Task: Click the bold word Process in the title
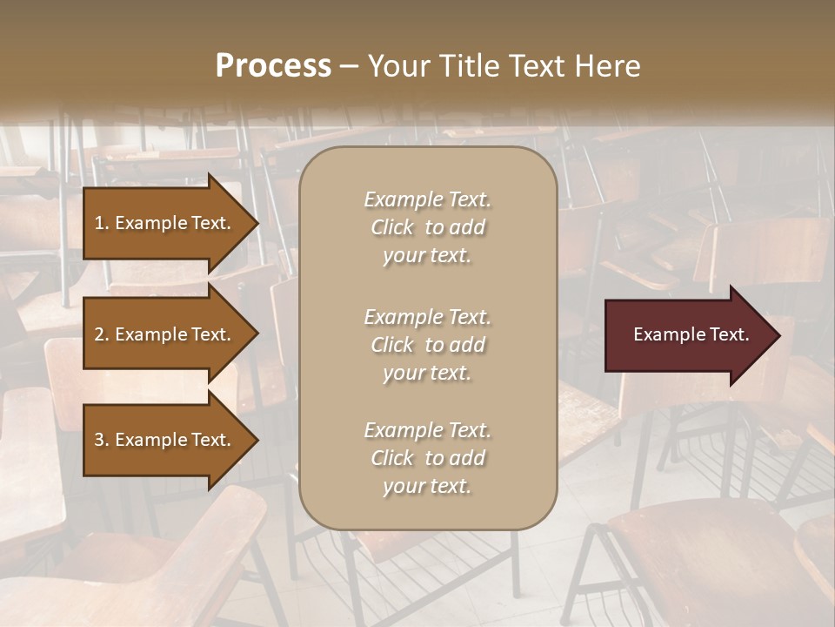coord(273,66)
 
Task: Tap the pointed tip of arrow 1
coord(257,223)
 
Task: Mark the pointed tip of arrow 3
coord(257,440)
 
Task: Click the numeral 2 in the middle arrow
coord(99,334)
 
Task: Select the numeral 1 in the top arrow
coord(99,223)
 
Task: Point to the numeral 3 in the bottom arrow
coord(99,440)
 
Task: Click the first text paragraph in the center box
coord(427,227)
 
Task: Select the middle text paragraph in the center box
coord(427,345)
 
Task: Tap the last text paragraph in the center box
coord(427,458)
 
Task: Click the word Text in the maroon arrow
coord(728,334)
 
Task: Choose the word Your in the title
coord(395,66)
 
